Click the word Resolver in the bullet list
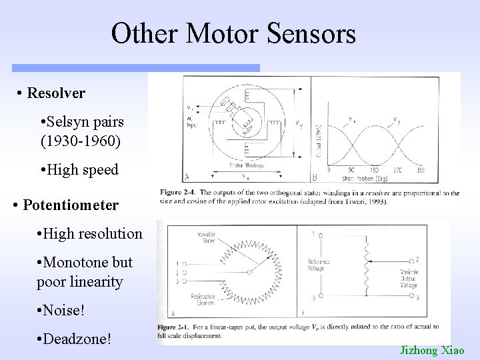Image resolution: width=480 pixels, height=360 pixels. click(56, 93)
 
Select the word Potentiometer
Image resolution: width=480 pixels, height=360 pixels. click(71, 203)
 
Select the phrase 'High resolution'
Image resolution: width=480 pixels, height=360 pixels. click(90, 234)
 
